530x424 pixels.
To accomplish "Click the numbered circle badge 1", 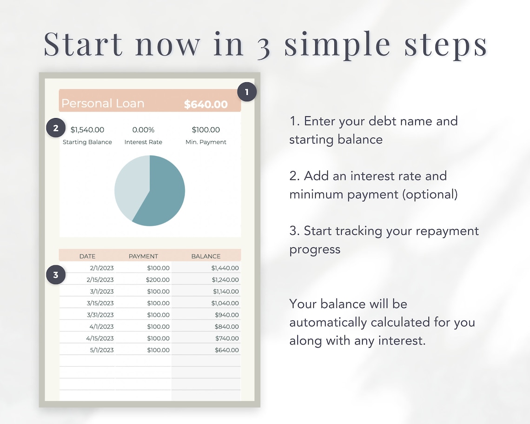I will coord(246,92).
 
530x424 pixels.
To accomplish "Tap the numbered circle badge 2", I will coord(56,128).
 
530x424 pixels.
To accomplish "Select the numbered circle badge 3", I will coord(56,275).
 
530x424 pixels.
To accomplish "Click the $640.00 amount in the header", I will coord(205,105).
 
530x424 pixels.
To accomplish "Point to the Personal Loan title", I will coord(103,104).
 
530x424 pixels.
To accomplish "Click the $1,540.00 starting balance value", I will coord(87,130).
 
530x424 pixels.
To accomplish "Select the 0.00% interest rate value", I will coord(143,130).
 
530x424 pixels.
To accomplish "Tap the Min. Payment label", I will coord(206,142).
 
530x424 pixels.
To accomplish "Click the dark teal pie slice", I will coord(163,195).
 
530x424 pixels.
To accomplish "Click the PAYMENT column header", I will coord(143,256).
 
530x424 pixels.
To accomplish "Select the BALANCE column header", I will coord(206,256).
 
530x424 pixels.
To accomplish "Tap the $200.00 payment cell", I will coord(158,280).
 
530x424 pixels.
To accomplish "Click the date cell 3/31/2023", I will coord(100,315).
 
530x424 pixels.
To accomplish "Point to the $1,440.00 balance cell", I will coord(225,268).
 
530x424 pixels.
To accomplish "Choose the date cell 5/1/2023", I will coord(102,350).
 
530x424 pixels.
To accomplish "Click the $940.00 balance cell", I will coord(227,315).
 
